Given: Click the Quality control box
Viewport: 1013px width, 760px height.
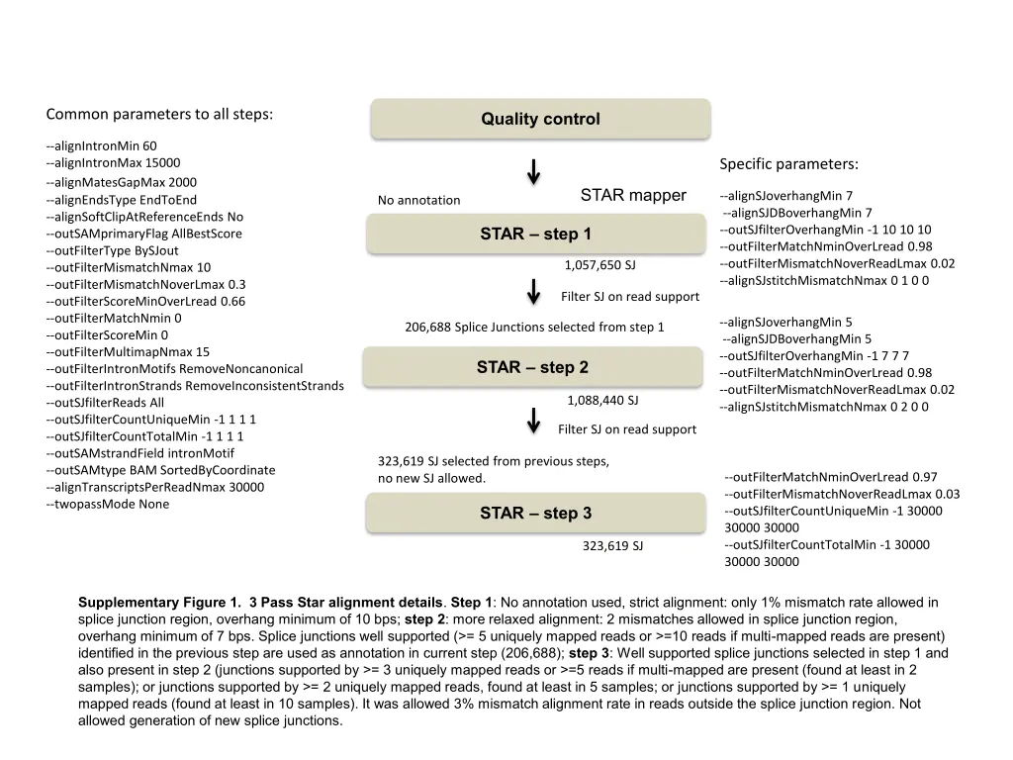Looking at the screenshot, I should point(540,120).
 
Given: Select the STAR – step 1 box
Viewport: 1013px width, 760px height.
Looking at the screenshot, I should point(535,235).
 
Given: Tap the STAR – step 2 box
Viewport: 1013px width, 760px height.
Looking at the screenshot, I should point(532,368).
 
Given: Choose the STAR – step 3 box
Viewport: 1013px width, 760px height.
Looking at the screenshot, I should point(535,514).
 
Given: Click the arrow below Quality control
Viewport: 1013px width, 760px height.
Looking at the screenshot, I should point(533,171).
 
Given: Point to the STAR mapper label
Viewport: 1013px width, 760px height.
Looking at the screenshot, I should point(632,195).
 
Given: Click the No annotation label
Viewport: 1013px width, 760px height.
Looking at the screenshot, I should point(418,201).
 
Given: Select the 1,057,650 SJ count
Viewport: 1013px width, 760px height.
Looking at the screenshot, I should point(599,265).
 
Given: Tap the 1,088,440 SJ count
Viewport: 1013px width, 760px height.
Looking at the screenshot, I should point(602,401).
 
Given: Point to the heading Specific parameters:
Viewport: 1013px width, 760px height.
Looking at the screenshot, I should point(788,164).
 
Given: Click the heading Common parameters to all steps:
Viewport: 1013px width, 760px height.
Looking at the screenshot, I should point(159,114).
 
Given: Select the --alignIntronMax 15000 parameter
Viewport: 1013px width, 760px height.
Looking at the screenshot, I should point(113,163).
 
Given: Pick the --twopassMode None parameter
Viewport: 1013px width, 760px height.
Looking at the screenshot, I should point(107,505).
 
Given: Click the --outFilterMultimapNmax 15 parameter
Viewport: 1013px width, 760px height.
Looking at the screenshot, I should point(128,352).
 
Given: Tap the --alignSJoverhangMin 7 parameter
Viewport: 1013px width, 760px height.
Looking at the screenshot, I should point(785,196).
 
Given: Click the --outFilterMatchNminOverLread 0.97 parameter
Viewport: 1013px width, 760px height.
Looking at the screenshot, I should point(831,477).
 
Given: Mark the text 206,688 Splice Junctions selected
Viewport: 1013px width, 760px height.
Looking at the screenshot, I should point(534,328).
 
